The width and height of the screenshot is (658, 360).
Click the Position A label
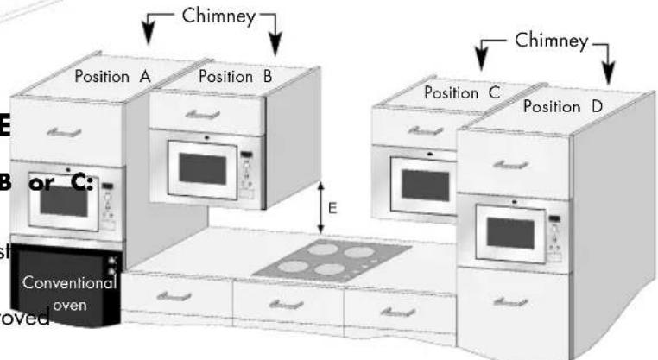(112, 76)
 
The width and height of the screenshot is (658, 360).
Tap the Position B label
(235, 76)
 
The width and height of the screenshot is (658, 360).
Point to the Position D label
(563, 107)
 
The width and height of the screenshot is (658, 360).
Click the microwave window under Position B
(202, 168)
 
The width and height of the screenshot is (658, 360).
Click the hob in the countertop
(332, 257)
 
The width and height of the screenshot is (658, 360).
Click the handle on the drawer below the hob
(287, 303)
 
